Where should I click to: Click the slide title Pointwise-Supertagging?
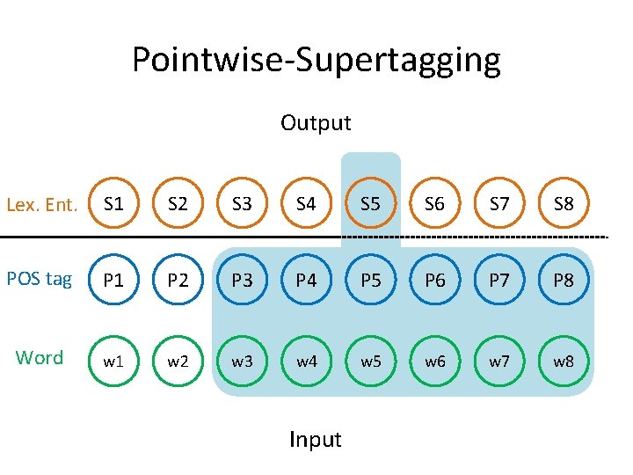pyautogui.click(x=316, y=60)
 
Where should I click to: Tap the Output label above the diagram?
pyautogui.click(x=316, y=123)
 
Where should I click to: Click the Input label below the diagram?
pyautogui.click(x=315, y=439)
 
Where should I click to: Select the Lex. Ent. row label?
pyautogui.click(x=42, y=206)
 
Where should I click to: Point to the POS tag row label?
pyautogui.click(x=40, y=279)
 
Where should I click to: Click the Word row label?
pyautogui.click(x=40, y=358)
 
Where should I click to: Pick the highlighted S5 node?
pyautogui.click(x=370, y=205)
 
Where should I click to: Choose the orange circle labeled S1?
pyautogui.click(x=113, y=205)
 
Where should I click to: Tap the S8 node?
pyautogui.click(x=564, y=205)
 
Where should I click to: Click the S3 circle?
pyautogui.click(x=242, y=205)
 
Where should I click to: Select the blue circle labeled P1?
pyautogui.click(x=113, y=281)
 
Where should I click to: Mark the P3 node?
pyautogui.click(x=242, y=281)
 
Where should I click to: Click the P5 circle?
pyautogui.click(x=370, y=281)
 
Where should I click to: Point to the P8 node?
pyautogui.click(x=564, y=281)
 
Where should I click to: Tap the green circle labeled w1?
pyautogui.click(x=113, y=361)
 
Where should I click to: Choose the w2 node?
pyautogui.click(x=178, y=361)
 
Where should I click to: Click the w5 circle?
pyautogui.click(x=370, y=361)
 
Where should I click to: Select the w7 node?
pyautogui.click(x=499, y=361)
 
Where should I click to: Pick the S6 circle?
pyautogui.click(x=434, y=205)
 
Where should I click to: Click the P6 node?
pyautogui.click(x=434, y=281)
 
